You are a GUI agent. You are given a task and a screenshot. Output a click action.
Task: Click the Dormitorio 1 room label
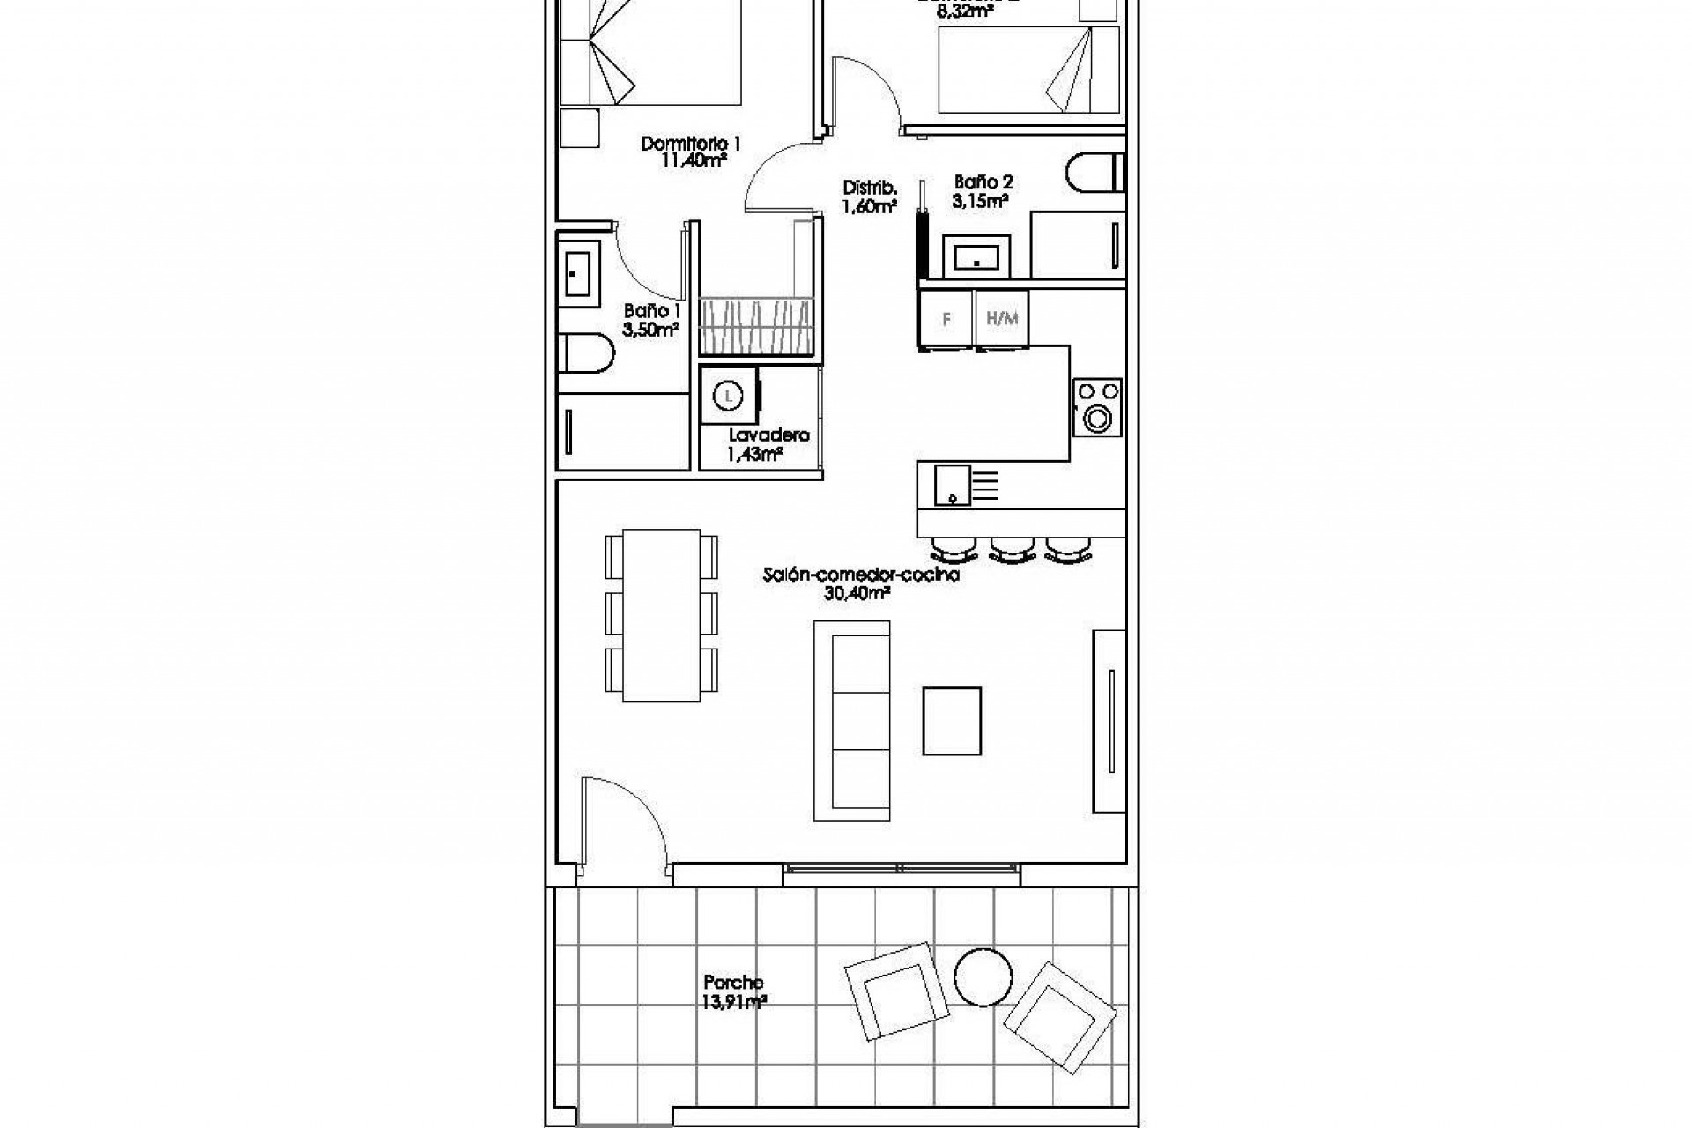691,144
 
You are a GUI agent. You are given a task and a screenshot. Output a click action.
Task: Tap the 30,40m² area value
856,594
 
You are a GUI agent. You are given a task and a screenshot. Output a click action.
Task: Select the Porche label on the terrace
733,982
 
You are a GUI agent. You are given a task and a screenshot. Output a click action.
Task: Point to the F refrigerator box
946,319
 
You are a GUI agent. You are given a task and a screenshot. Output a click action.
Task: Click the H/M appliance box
1002,319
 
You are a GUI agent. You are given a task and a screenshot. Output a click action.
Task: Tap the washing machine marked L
728,397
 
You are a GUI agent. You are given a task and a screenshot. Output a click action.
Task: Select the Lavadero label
768,435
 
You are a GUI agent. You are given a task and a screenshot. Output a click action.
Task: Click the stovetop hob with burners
1097,407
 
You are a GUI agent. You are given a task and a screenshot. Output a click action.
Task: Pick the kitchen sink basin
953,486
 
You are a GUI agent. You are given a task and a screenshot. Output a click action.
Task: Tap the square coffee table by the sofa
952,721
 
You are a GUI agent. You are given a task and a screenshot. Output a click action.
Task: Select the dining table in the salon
661,615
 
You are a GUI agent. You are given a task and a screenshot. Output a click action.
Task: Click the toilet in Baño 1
585,353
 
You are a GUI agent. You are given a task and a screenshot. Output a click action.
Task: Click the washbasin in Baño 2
976,257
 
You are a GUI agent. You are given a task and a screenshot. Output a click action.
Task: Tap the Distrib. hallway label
870,188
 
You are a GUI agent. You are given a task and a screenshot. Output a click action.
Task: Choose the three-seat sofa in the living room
851,721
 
